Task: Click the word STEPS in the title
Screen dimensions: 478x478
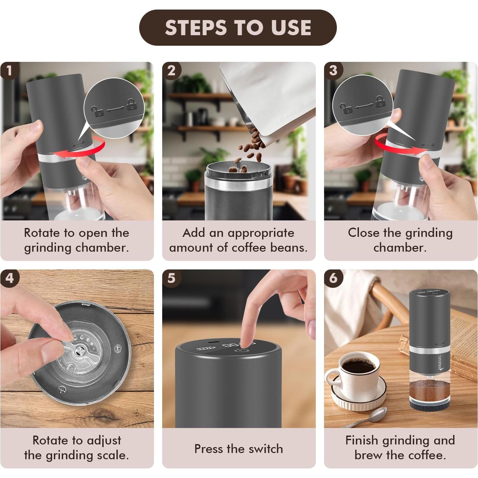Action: coord(196,27)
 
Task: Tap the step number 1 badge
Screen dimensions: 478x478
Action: coord(10,71)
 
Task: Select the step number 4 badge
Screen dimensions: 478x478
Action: coord(10,278)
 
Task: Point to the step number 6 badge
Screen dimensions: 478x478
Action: coord(333,278)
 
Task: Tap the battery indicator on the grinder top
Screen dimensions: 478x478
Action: coord(203,348)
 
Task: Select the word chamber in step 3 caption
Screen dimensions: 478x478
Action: coord(400,248)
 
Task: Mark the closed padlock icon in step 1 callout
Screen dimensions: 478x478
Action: coord(132,104)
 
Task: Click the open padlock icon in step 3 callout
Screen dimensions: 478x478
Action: coord(346,108)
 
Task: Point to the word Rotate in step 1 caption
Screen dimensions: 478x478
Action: coord(42,233)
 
